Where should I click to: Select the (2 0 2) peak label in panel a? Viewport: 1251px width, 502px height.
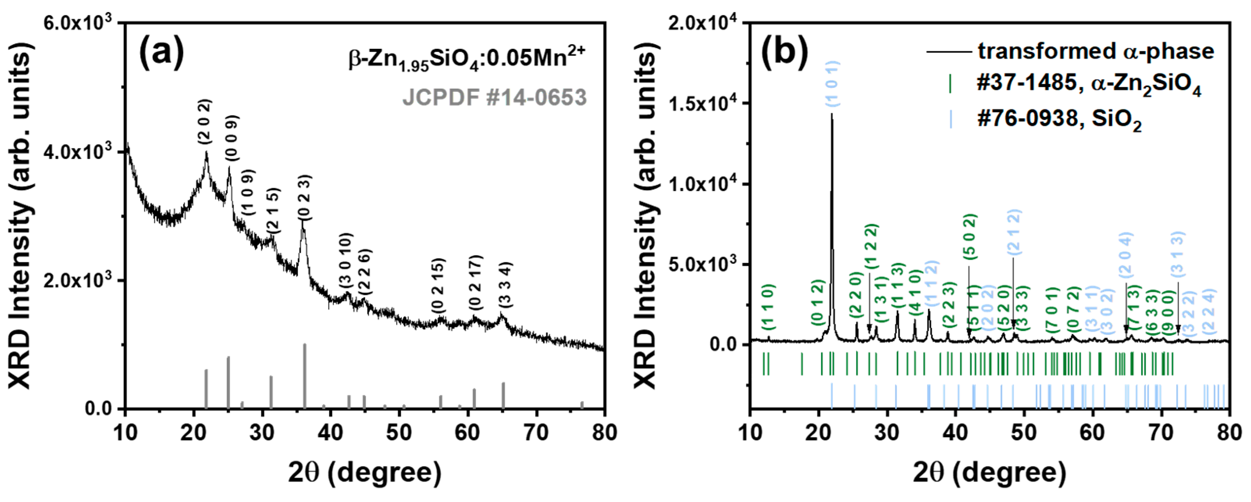205,121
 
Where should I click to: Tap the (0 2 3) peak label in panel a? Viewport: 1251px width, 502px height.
305,197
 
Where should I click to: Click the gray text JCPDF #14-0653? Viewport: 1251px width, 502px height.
495,98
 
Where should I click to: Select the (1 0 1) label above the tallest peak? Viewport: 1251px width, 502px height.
833,84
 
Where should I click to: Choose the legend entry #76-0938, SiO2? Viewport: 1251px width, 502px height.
1059,120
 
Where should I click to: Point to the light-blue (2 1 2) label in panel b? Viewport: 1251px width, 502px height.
1014,232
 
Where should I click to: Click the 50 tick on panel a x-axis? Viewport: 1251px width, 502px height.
399,432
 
